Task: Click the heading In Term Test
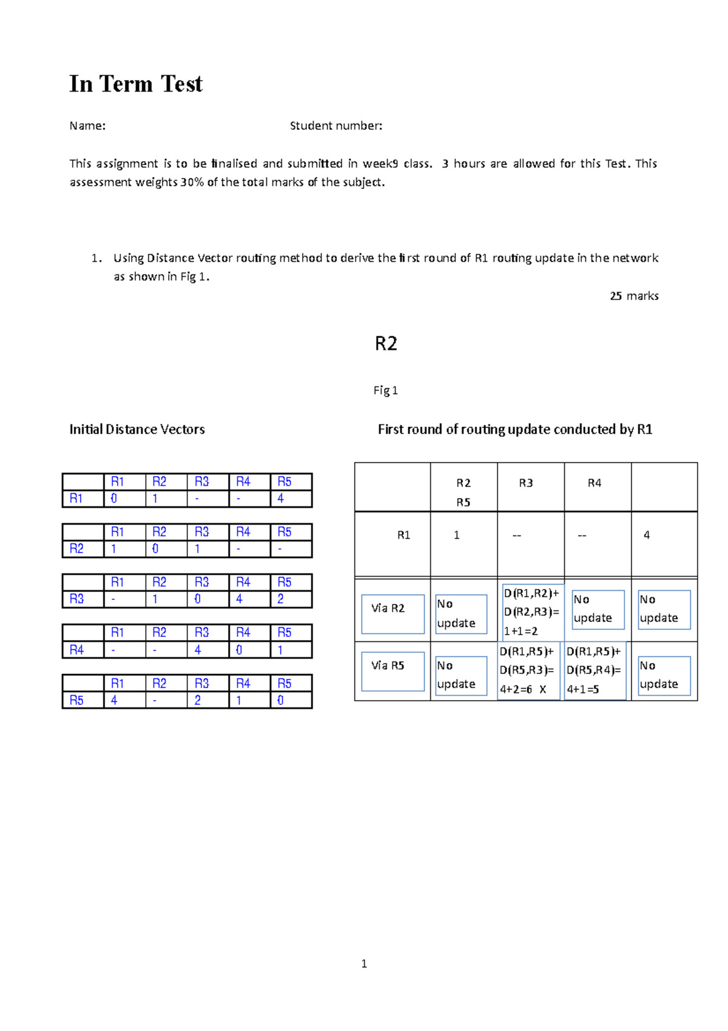135,84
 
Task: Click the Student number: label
335,126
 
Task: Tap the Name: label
87,126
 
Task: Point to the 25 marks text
634,296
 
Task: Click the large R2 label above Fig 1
386,344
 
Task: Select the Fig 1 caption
385,390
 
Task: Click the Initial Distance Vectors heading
136,429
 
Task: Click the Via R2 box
393,613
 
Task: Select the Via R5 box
393,671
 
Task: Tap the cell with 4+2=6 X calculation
528,672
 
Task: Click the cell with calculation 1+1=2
531,612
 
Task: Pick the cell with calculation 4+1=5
595,672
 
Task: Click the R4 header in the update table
594,483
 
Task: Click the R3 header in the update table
525,483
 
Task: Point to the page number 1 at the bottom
364,964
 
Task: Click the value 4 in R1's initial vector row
280,498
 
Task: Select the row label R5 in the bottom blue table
76,700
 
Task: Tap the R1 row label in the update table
403,535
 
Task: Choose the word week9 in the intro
380,163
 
